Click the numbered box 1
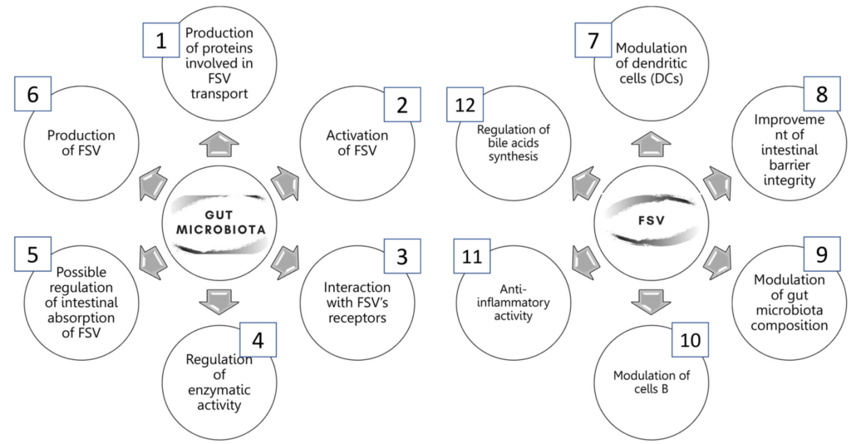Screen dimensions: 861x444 (161, 40)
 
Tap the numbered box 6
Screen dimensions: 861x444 (33, 94)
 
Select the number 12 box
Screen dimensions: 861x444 (465, 104)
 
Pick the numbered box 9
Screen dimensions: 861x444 (822, 254)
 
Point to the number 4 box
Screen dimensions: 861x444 (258, 340)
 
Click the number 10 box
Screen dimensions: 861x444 (690, 340)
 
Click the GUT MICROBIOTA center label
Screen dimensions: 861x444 (221, 222)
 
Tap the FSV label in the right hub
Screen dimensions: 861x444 (651, 220)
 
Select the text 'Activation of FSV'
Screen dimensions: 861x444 (357, 143)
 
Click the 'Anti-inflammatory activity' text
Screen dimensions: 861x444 (513, 302)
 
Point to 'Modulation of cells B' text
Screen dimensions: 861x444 (651, 382)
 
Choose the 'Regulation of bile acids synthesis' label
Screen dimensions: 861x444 (513, 142)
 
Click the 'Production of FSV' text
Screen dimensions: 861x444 (81, 143)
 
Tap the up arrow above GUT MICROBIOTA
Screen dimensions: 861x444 (219, 144)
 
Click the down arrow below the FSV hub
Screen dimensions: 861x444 (651, 302)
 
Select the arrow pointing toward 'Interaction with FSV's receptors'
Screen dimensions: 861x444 (286, 262)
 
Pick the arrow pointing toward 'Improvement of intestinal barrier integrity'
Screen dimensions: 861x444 (718, 183)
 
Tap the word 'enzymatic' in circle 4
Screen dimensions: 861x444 (219, 390)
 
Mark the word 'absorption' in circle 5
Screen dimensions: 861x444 (81, 318)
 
